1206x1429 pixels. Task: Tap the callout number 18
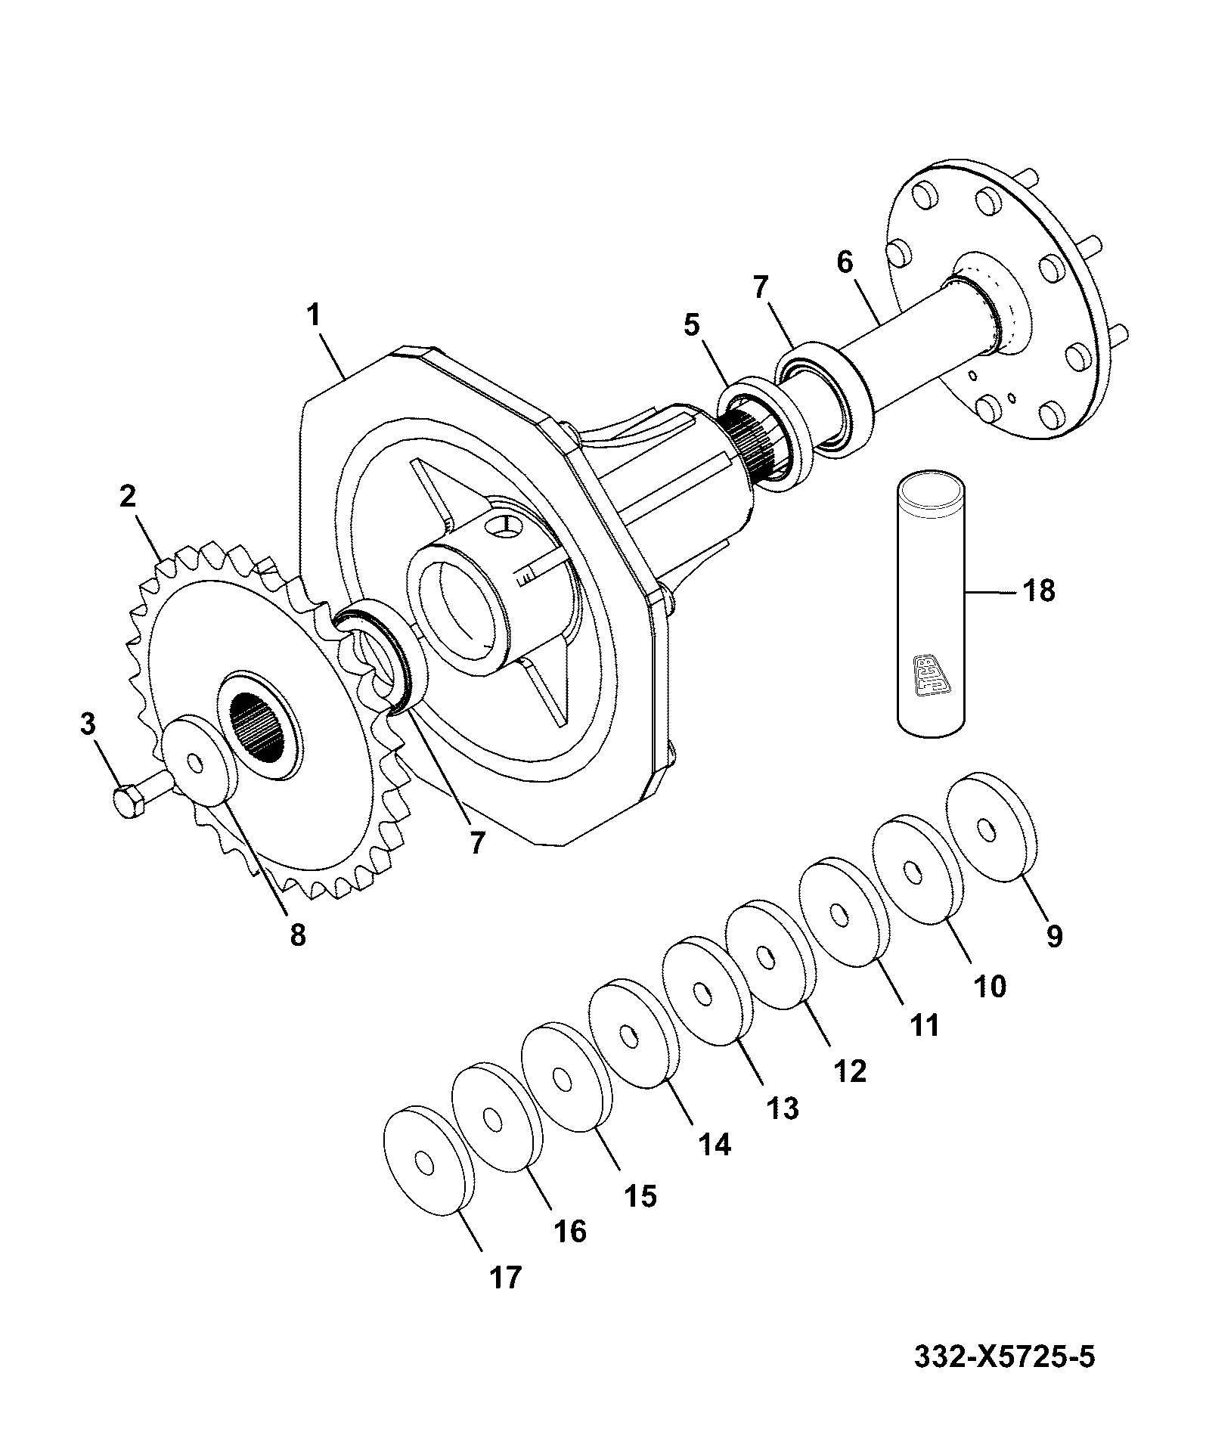pyautogui.click(x=1039, y=591)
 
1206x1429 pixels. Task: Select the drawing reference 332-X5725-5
pyautogui.click(x=1003, y=1356)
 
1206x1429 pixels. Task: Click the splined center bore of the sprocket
pyautogui.click(x=259, y=726)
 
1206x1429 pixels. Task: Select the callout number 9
pyautogui.click(x=1054, y=936)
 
